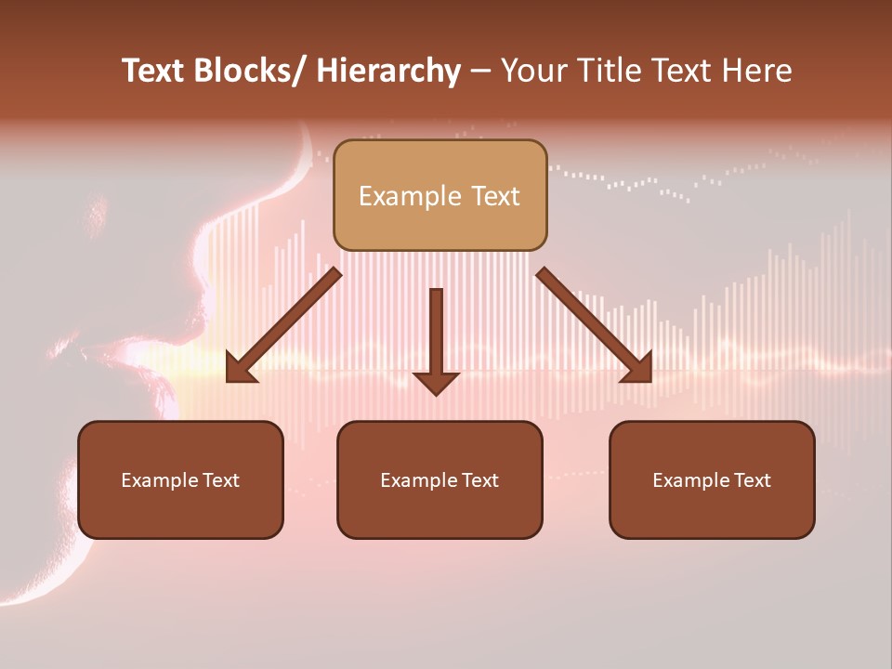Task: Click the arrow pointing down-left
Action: pos(283,325)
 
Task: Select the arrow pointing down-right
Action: pos(593,325)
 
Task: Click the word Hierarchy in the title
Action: pos(388,71)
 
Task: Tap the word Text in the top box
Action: pos(493,196)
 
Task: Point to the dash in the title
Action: pos(480,71)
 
